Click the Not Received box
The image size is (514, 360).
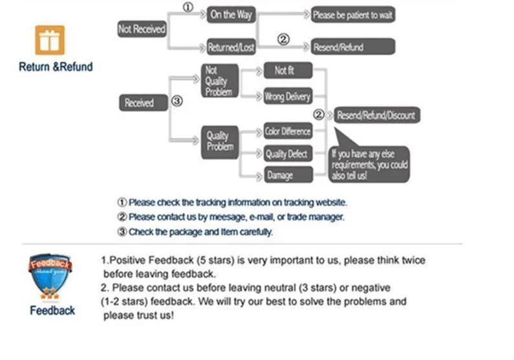point(142,29)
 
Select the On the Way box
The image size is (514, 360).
point(231,14)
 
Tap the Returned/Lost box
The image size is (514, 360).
point(231,47)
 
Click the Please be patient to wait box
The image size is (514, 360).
point(352,14)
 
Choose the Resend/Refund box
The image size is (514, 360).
point(352,47)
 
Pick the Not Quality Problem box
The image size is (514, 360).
point(219,81)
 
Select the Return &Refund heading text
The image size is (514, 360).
point(56,67)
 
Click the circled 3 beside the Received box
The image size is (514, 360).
point(178,101)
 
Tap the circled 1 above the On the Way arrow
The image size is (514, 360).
point(188,8)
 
